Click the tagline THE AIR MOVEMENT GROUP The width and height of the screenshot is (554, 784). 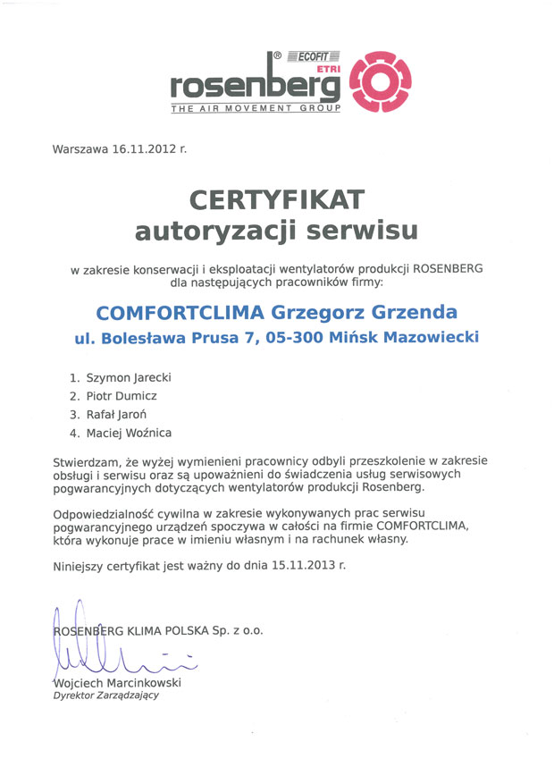tap(255, 107)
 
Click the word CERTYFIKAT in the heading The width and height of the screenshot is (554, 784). tap(276, 198)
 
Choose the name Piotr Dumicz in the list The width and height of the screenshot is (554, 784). tap(121, 396)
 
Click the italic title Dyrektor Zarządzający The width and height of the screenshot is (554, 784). tap(106, 696)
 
